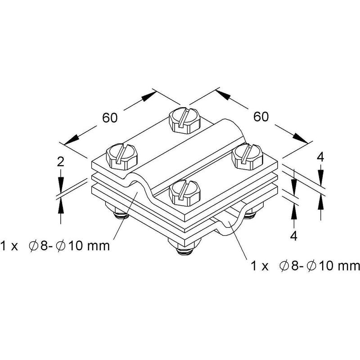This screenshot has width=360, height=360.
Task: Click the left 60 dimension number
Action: pyautogui.click(x=110, y=118)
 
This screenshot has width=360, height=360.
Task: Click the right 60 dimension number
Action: pyautogui.click(x=261, y=117)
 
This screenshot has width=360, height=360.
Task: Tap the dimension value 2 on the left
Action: pyautogui.click(x=60, y=162)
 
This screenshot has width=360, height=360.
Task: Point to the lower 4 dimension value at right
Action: pyautogui.click(x=294, y=235)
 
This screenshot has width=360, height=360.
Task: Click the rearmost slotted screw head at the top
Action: pyautogui.click(x=184, y=121)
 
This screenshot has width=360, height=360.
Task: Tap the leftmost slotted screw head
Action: pyautogui.click(x=121, y=157)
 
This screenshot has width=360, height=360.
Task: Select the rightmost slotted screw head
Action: pyautogui.click(x=247, y=157)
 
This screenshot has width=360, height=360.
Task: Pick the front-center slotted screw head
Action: pyautogui.click(x=184, y=193)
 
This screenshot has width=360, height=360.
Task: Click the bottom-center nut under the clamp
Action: pyautogui.click(x=184, y=247)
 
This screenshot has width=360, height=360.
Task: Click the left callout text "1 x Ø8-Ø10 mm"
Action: pyautogui.click(x=55, y=246)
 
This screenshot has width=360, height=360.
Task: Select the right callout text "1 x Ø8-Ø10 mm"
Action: pyautogui.click(x=306, y=266)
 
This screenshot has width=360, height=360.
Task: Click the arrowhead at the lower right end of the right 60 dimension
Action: pyautogui.click(x=301, y=138)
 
